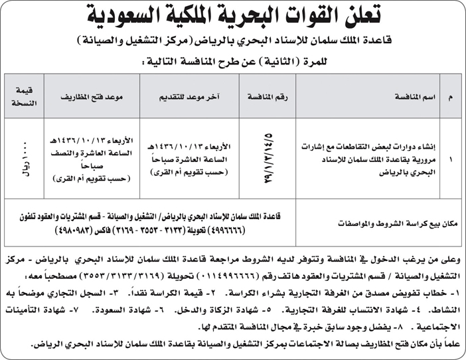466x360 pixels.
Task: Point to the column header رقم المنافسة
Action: point(268,97)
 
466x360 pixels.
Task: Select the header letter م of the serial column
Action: point(451,97)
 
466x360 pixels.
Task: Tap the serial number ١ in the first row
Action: point(451,160)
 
